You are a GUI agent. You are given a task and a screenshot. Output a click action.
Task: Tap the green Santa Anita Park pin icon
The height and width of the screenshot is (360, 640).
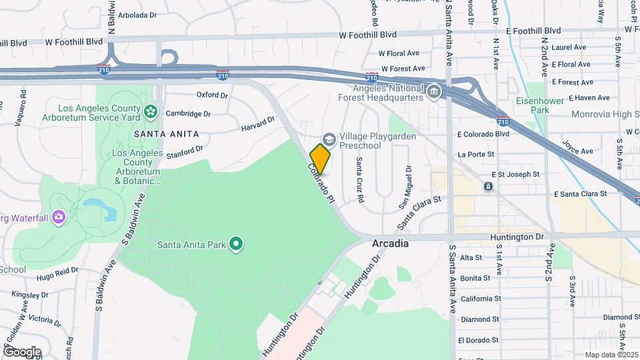(235, 245)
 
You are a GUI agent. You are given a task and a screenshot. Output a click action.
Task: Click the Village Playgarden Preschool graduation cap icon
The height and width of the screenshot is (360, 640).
(328, 137)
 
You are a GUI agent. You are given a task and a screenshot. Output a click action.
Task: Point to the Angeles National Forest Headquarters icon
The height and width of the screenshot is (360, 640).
(433, 91)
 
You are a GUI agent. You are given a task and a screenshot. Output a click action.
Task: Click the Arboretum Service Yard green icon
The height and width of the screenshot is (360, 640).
(151, 111)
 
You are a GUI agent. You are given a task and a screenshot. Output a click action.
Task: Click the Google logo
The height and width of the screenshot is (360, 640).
(22, 351)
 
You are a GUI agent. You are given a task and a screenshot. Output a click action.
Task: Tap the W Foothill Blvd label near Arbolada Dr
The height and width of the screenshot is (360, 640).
(74, 41)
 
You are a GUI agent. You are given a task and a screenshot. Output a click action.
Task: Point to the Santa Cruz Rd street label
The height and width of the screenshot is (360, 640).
(360, 180)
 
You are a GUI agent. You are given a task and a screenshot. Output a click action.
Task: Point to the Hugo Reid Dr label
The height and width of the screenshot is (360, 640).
(54, 276)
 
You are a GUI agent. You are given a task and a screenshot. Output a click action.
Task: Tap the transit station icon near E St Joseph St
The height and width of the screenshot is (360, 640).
(488, 186)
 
